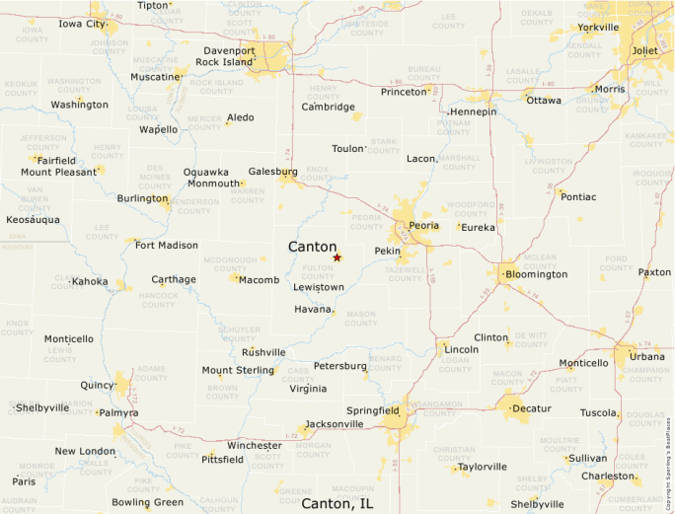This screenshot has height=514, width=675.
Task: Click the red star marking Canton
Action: (337, 257)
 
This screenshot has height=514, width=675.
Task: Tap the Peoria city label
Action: (423, 225)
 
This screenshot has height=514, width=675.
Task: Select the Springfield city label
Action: (373, 409)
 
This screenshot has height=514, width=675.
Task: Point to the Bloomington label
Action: (536, 273)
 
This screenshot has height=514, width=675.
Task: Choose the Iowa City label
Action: (82, 24)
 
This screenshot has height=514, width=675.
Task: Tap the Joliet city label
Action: (645, 50)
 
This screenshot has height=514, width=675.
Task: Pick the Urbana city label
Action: (647, 356)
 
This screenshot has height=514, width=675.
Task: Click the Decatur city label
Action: (531, 407)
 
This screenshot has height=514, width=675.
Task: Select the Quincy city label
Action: (98, 385)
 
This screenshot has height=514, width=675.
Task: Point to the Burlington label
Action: (142, 198)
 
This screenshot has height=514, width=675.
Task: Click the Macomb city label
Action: (259, 280)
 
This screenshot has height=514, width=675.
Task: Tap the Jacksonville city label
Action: (335, 424)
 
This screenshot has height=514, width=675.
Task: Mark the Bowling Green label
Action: (147, 502)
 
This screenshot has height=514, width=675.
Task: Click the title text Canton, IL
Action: (337, 503)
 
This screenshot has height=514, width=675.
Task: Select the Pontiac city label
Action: (578, 196)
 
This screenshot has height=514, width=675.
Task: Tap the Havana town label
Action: (313, 309)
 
